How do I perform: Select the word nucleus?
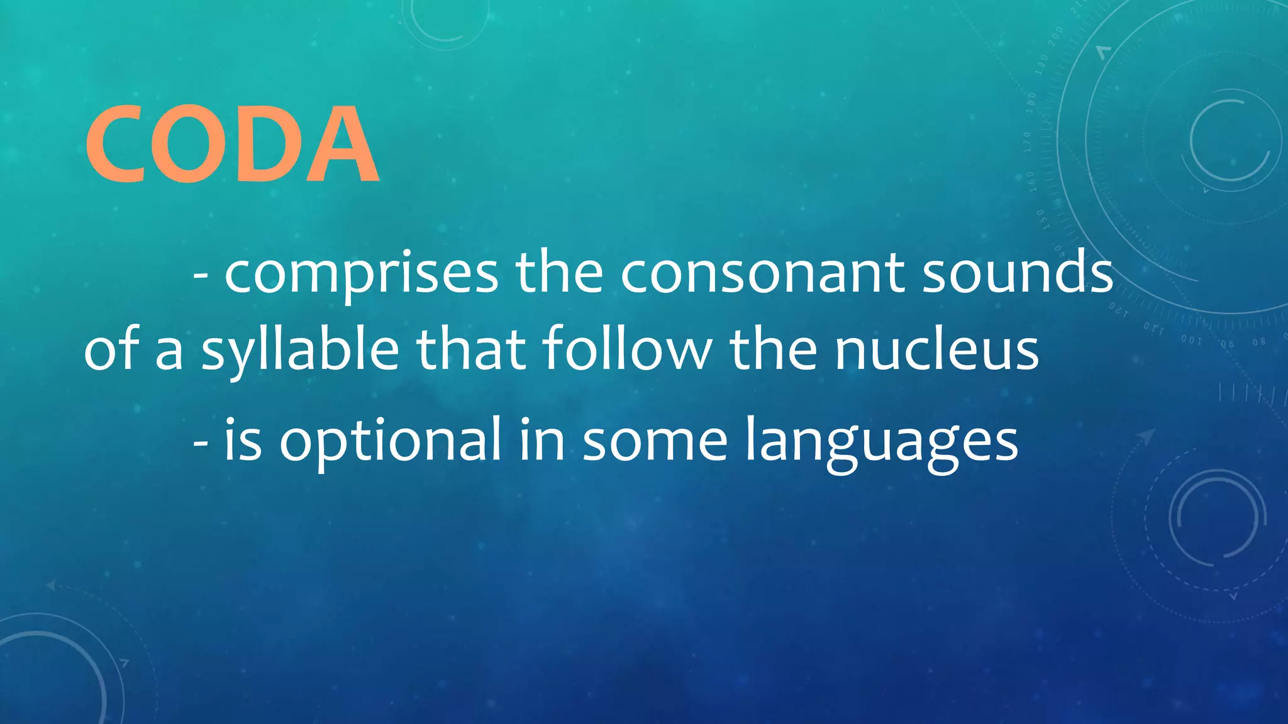(x=936, y=350)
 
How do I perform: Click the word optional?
(x=390, y=442)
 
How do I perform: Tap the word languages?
(x=881, y=442)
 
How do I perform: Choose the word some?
(x=655, y=441)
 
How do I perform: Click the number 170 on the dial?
(x=1028, y=143)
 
